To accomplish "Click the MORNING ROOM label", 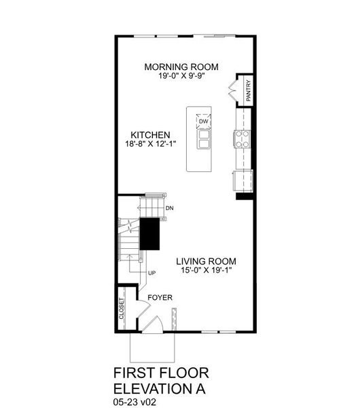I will [181, 67].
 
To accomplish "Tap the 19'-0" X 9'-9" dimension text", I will [181, 76].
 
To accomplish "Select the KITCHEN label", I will [150, 135].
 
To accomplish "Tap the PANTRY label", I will [249, 90].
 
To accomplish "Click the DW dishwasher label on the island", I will [203, 122].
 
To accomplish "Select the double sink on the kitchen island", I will [203, 139].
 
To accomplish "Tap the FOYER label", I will [160, 298].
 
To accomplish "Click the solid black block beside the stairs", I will [149, 234].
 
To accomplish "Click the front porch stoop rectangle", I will [154, 347].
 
